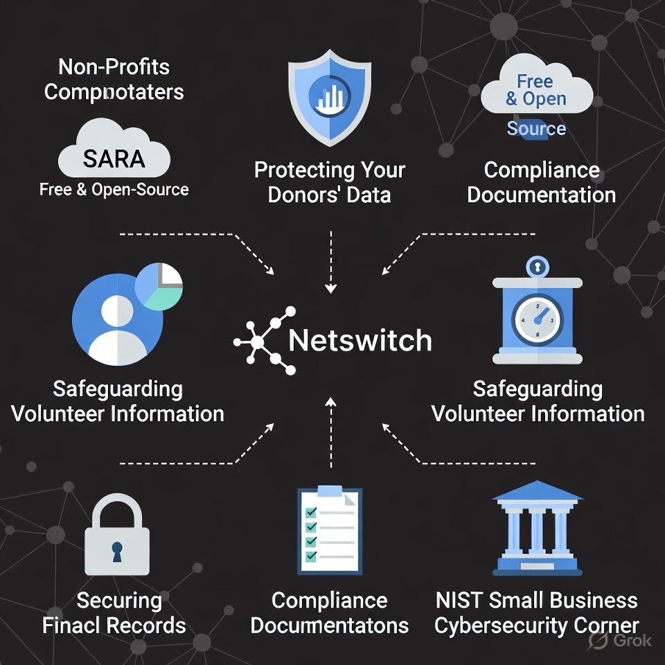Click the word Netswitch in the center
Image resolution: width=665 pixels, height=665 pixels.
pyautogui.click(x=360, y=340)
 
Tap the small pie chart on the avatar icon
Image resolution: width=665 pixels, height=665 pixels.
pyautogui.click(x=159, y=285)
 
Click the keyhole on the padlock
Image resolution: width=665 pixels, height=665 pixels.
pyautogui.click(x=116, y=551)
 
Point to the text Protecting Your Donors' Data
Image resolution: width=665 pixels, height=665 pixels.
pyautogui.click(x=329, y=182)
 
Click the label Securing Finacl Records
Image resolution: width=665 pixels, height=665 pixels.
pyautogui.click(x=114, y=613)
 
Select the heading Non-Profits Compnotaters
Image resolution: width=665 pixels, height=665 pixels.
pyautogui.click(x=114, y=79)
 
